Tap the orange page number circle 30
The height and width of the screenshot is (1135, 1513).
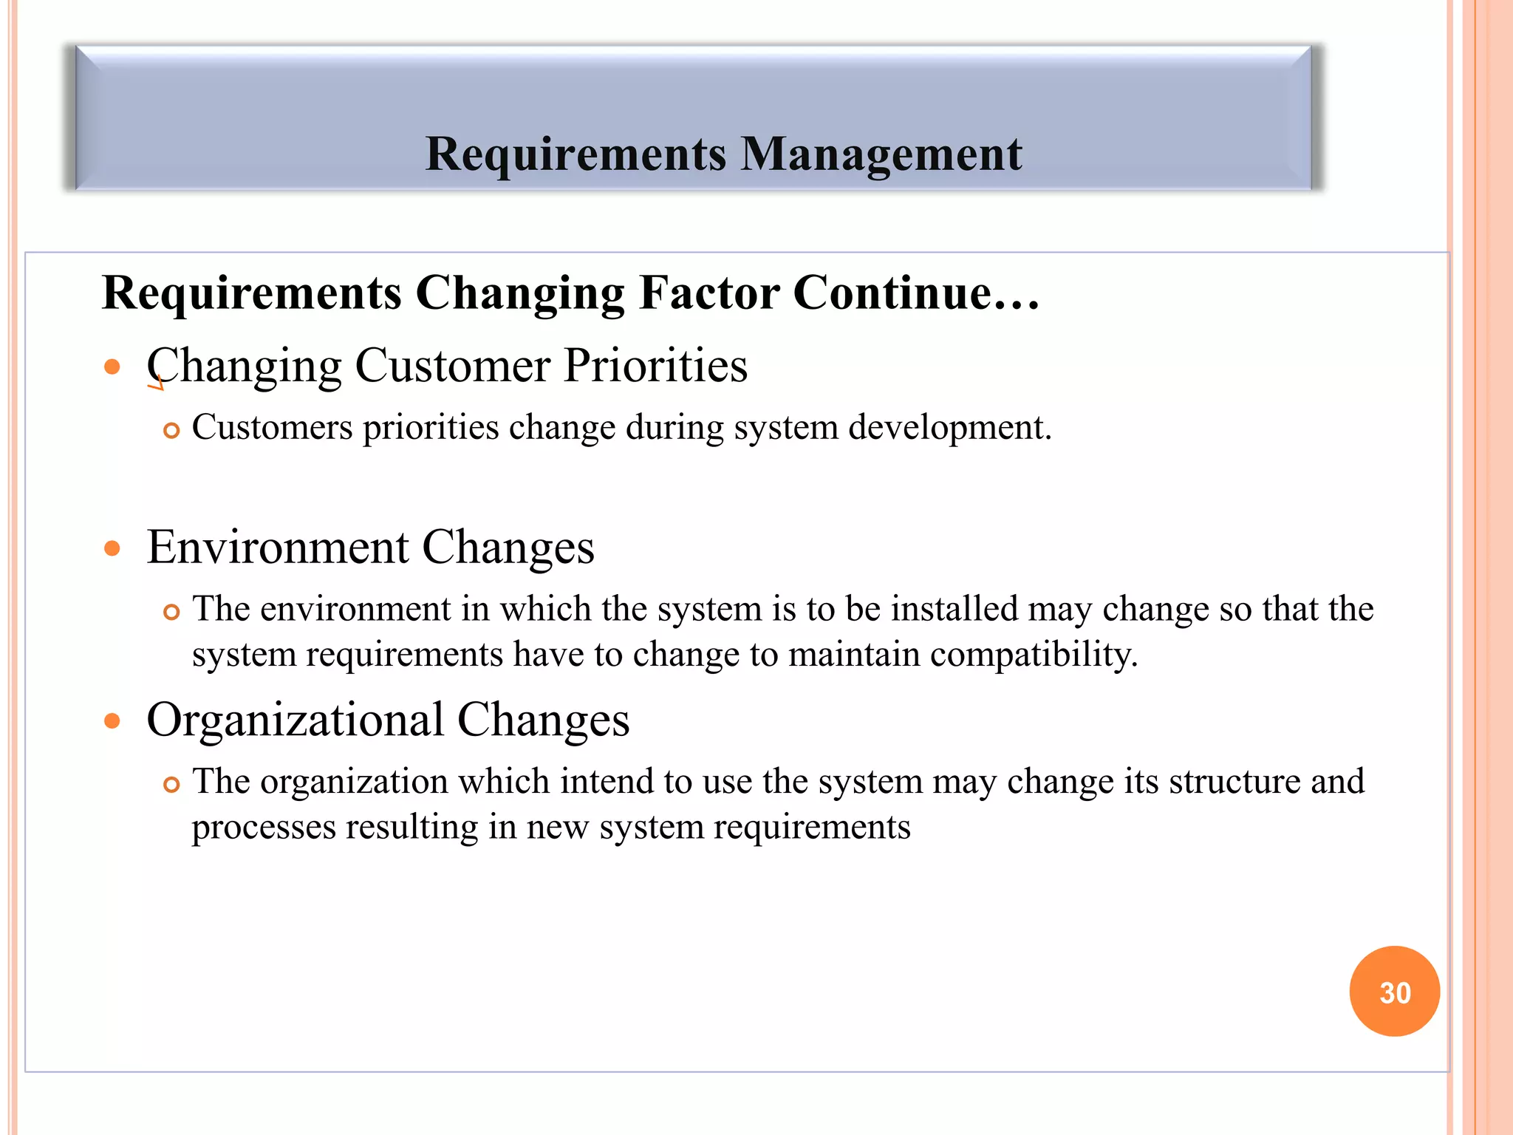coord(1394,992)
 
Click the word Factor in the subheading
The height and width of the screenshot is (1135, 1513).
coord(708,293)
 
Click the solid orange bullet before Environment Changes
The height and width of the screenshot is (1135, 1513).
coord(112,548)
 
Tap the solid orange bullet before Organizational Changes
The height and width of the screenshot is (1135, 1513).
coord(112,720)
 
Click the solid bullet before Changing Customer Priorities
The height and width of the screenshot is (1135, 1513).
coord(112,367)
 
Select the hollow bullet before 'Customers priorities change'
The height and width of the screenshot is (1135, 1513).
coord(171,430)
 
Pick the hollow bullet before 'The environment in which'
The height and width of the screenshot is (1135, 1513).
coord(171,612)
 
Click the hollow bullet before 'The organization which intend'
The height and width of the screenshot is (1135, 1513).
coord(171,784)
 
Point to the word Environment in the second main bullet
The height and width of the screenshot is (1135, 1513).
coord(277,548)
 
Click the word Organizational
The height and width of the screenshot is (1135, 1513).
coord(296,720)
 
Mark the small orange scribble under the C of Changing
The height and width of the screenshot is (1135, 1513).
coord(155,384)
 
